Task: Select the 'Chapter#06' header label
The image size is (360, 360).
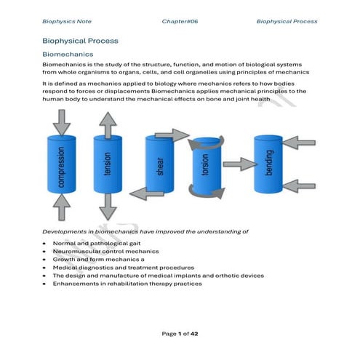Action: pos(180,22)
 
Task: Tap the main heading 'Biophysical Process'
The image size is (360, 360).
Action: pos(80,41)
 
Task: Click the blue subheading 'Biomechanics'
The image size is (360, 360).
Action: pos(68,55)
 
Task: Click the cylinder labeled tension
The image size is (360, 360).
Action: pos(108,164)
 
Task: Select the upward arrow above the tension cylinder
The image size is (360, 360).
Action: pos(108,126)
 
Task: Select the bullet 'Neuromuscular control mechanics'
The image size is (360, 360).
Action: pos(105,250)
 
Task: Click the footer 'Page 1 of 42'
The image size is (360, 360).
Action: pos(180,333)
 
